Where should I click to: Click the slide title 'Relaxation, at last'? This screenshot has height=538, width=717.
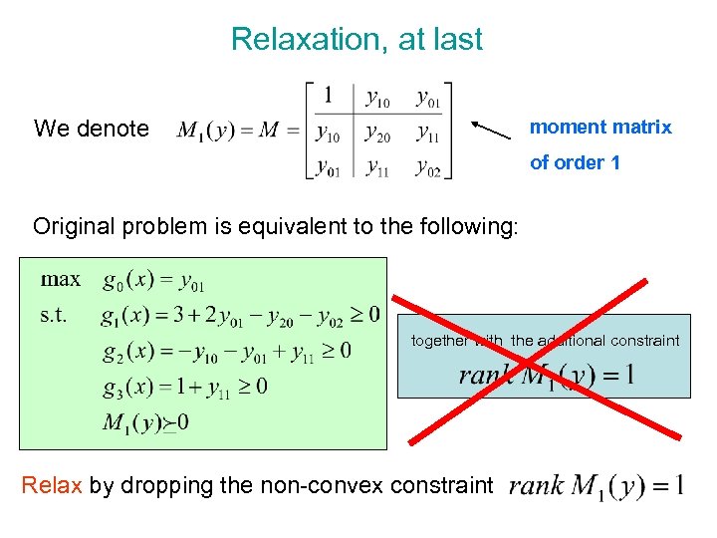357,40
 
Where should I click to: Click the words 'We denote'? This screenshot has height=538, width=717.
91,129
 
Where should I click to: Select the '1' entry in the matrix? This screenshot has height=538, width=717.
328,97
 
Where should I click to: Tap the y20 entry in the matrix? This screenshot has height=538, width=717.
377,133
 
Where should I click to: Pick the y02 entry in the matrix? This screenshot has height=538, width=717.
428,167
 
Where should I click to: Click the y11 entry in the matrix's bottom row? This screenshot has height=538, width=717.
377,167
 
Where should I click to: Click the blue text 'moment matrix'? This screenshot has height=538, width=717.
600,127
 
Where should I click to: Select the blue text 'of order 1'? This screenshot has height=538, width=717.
575,162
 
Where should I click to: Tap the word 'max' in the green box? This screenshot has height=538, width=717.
61,279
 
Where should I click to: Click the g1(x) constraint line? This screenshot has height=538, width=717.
240,316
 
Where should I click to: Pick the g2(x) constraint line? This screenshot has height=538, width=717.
225,351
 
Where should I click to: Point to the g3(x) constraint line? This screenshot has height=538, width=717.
183,386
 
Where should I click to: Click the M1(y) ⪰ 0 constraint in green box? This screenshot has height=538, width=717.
145,422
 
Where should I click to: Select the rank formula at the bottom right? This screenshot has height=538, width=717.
596,486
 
